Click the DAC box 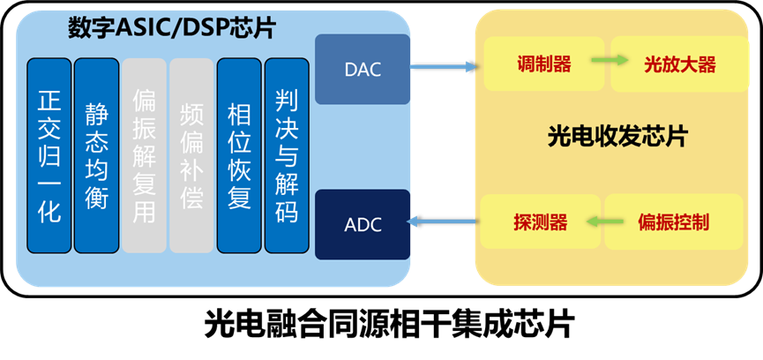[x=363, y=69]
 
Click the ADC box [x=363, y=224]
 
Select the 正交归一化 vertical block [x=49, y=155]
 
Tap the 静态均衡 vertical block [x=96, y=155]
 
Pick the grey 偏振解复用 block [x=144, y=155]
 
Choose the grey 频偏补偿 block [x=191, y=155]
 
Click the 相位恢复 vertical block [x=239, y=155]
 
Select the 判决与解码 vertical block [x=287, y=155]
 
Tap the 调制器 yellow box [x=543, y=64]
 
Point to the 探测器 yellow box [x=540, y=221]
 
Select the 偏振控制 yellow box [x=672, y=221]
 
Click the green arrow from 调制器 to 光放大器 [x=609, y=61]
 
